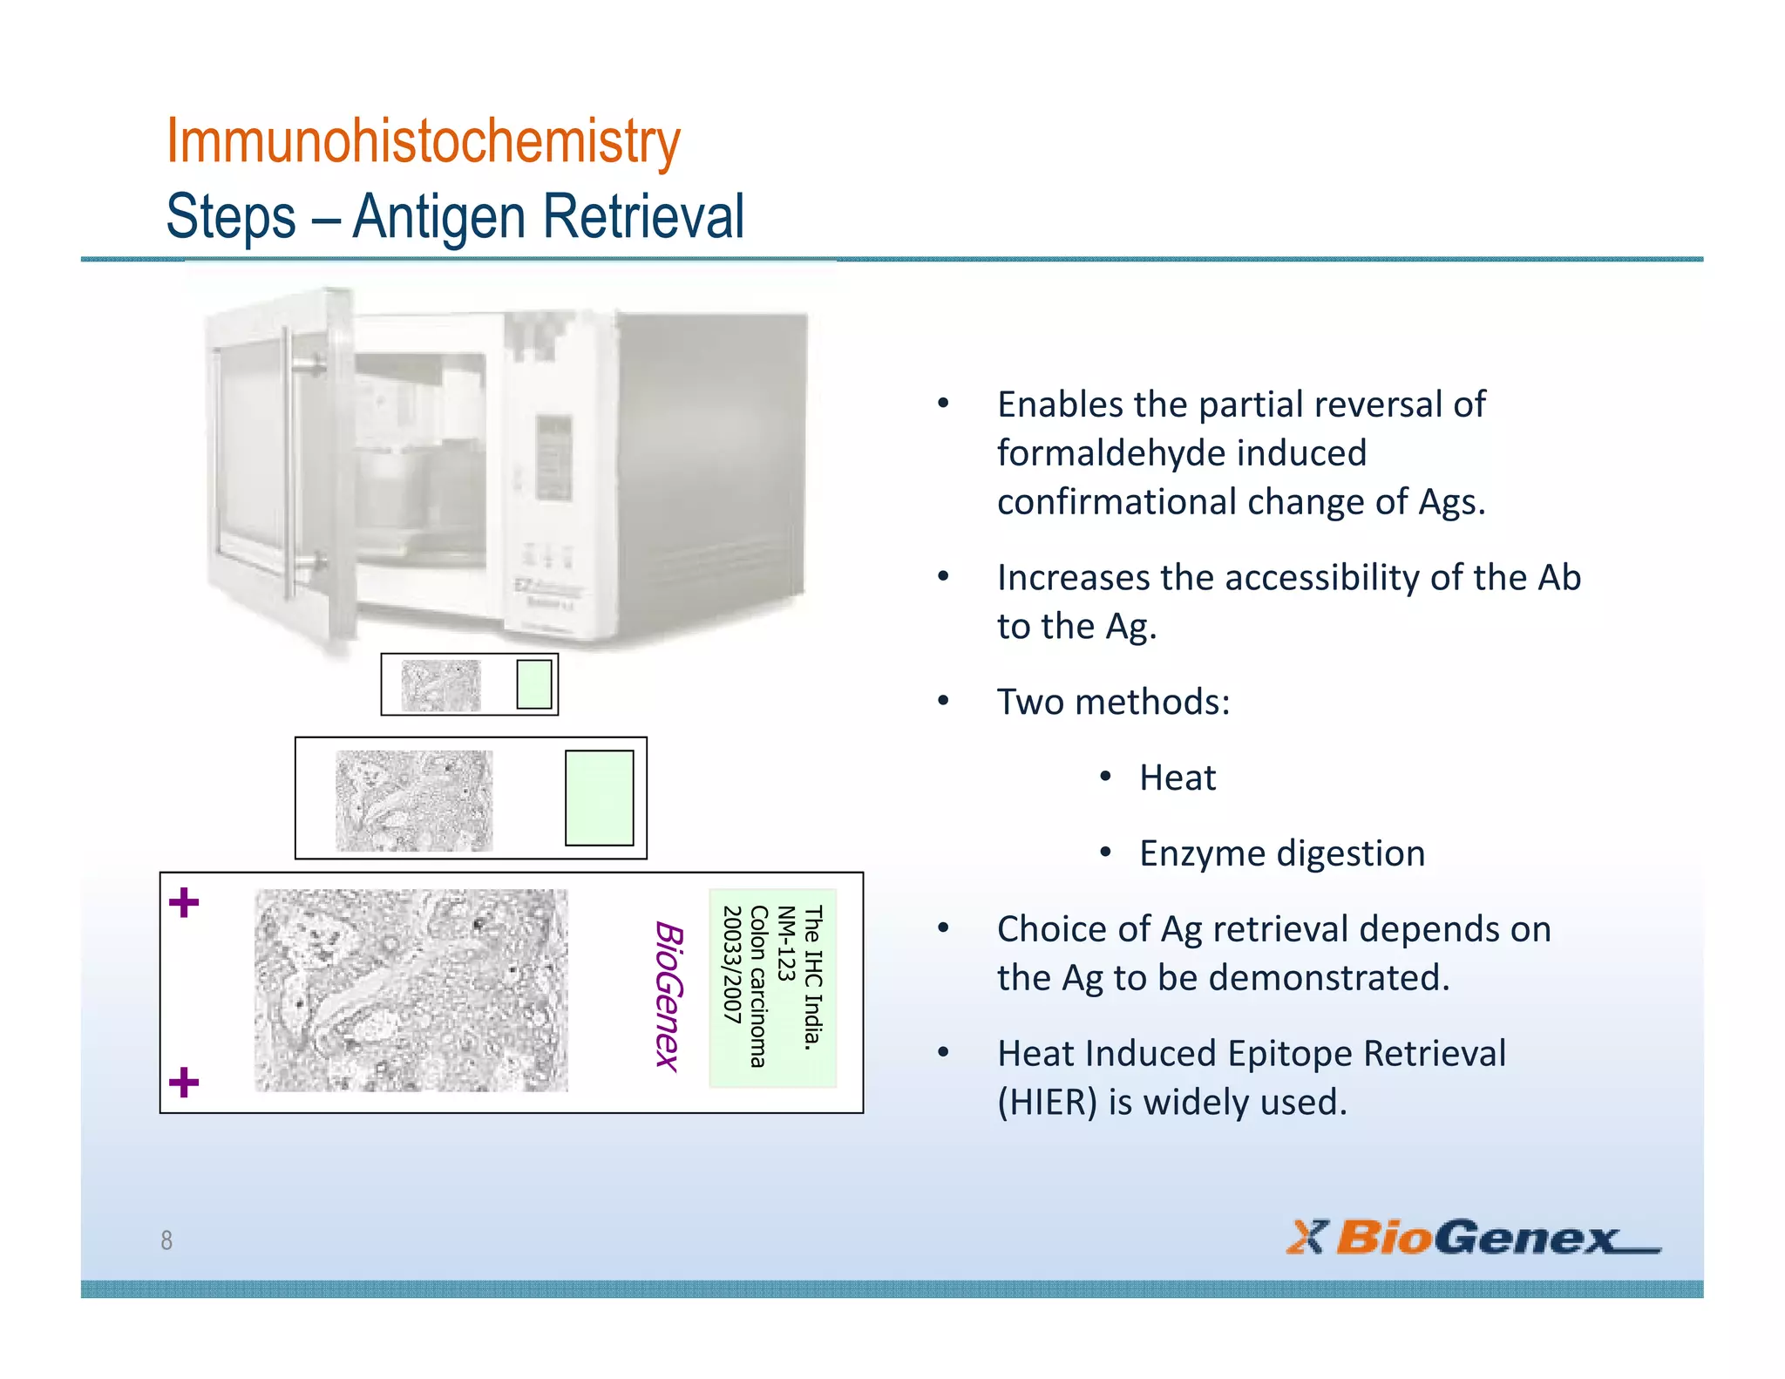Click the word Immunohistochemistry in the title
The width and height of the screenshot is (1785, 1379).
pyautogui.click(x=423, y=141)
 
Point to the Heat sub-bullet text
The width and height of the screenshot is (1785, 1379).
pyautogui.click(x=1177, y=778)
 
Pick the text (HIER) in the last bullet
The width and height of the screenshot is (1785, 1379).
pyautogui.click(x=1047, y=1103)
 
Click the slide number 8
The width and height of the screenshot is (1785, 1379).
pyautogui.click(x=166, y=1240)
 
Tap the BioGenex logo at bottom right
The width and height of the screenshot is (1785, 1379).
pyautogui.click(x=1473, y=1238)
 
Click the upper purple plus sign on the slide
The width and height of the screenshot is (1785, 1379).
pyautogui.click(x=184, y=902)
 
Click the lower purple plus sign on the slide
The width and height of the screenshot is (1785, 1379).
pyautogui.click(x=184, y=1083)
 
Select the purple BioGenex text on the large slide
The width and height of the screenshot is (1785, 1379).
pyautogui.click(x=669, y=995)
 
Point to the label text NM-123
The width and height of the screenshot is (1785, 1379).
pyautogui.click(x=786, y=943)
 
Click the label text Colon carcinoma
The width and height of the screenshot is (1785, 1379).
pyautogui.click(x=759, y=986)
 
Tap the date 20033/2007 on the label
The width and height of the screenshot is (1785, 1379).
pyautogui.click(x=732, y=964)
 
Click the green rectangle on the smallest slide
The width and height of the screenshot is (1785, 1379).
pyautogui.click(x=533, y=684)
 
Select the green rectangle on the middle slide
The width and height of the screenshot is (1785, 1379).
pyautogui.click(x=599, y=798)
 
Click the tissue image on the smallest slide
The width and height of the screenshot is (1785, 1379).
pyautogui.click(x=440, y=685)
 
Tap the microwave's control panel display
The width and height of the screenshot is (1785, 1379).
pyautogui.click(x=553, y=458)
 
